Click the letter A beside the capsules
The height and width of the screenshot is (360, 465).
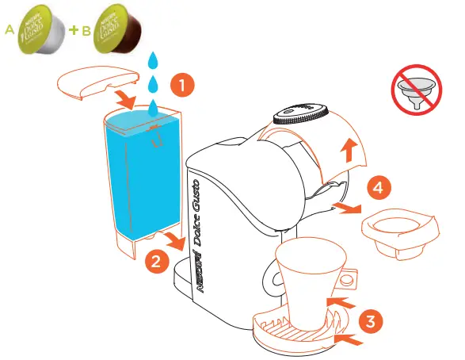(x=10, y=31)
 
